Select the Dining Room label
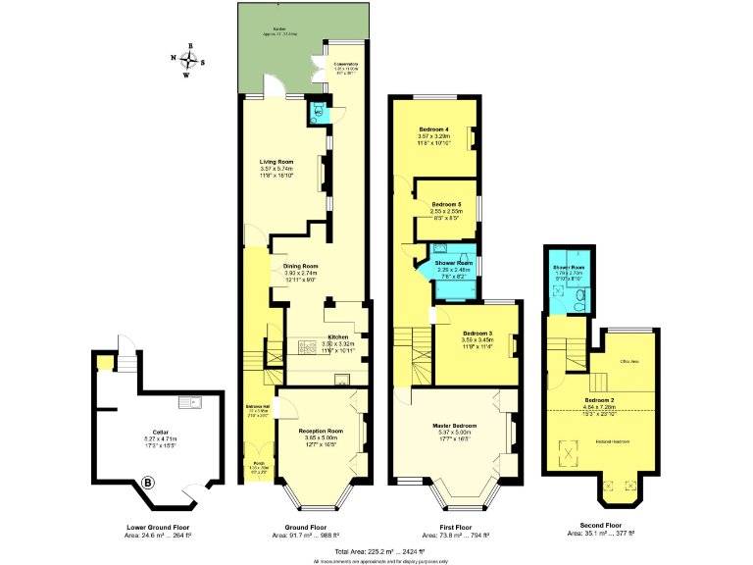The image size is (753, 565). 302,266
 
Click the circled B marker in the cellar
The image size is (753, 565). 148,482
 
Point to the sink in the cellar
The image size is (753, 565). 187,401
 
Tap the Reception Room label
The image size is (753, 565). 321,431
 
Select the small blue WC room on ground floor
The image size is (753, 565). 317,112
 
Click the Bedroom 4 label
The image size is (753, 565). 433,129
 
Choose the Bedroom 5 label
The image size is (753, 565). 446,203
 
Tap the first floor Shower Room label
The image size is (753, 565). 448,263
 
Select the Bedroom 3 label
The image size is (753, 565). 477,334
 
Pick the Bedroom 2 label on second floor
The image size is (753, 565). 599,400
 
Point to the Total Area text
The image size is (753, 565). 376,551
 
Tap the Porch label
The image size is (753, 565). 258,463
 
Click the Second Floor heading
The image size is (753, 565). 601,526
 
